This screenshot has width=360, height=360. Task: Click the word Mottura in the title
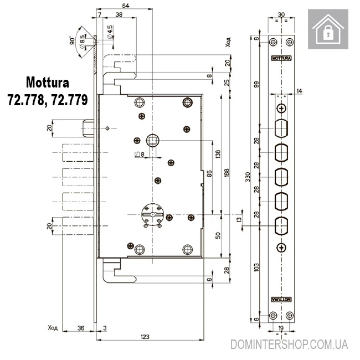pyautogui.click(x=48, y=83)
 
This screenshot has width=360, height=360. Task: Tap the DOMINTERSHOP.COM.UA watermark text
pyautogui.click(x=289, y=344)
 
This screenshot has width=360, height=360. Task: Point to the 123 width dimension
pyautogui.click(x=145, y=337)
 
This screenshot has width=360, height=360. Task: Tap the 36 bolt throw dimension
pyautogui.click(x=81, y=328)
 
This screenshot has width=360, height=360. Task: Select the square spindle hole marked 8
pyautogui.click(x=152, y=139)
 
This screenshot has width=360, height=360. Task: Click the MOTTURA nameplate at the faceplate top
pyautogui.click(x=282, y=58)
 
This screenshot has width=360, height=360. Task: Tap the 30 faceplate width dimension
pyautogui.click(x=282, y=16)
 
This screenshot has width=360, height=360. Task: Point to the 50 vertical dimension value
pyautogui.click(x=218, y=235)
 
